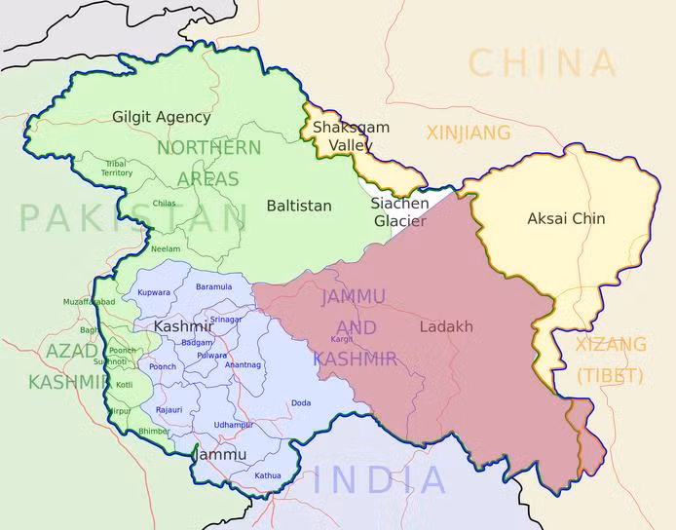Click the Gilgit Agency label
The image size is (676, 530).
(161, 117)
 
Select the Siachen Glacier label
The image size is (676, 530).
(399, 212)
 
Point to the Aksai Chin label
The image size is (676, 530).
(566, 218)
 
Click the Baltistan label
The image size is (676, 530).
(299, 206)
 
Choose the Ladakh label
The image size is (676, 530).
(446, 326)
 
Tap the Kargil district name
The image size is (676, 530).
(342, 339)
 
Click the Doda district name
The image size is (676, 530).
(301, 402)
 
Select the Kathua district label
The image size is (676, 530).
(268, 475)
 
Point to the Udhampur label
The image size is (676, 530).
(234, 425)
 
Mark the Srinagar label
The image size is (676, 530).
(226, 320)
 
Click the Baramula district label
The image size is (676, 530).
(213, 286)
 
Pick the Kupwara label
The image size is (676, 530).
(154, 292)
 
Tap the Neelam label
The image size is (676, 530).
(166, 249)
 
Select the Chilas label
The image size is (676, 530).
(164, 204)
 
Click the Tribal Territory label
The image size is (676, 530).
(117, 169)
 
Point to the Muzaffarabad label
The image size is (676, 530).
(90, 302)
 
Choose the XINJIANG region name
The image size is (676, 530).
(469, 132)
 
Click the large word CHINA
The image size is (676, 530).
(543, 63)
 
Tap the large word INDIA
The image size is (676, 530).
(381, 479)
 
